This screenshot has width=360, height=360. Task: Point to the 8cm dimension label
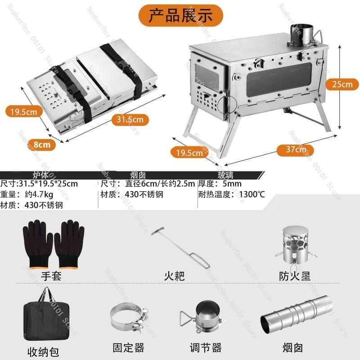42,145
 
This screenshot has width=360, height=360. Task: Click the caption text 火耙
174,276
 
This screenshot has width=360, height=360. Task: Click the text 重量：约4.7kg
27,194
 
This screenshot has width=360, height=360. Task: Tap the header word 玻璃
227,175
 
